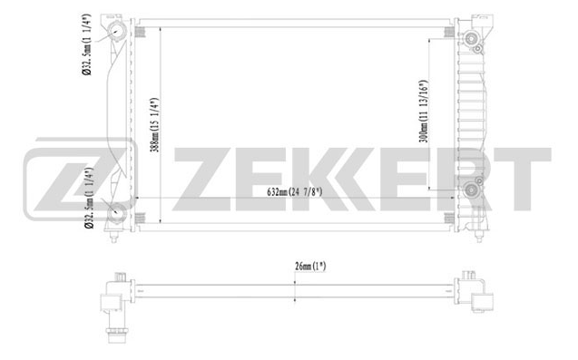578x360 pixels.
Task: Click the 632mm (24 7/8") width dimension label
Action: pos(295,192)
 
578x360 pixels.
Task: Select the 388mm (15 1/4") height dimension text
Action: pos(155,125)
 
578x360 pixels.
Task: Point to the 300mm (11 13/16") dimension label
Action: pos(424,112)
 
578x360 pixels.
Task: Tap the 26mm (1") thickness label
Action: pos(310,266)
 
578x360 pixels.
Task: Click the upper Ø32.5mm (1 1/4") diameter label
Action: pos(86,44)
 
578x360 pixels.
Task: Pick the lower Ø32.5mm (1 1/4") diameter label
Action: pos(89,198)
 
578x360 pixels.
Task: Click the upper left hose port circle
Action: pos(116,31)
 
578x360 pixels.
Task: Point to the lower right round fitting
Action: pos(471,190)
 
